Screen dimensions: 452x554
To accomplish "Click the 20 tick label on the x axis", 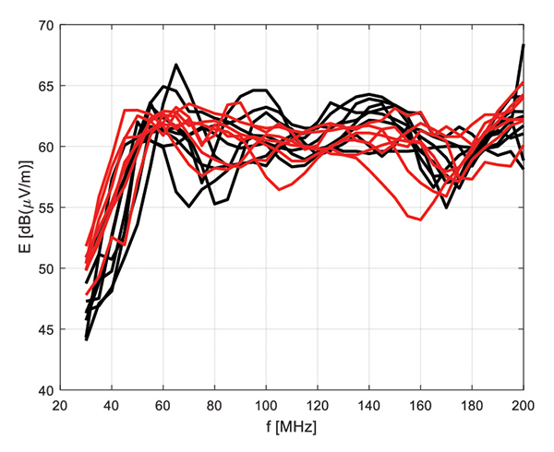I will pyautogui.click(x=60, y=406).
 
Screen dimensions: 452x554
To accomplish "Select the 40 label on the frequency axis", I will pyautogui.click(x=112, y=406).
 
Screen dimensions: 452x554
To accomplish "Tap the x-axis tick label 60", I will pyautogui.click(x=163, y=406).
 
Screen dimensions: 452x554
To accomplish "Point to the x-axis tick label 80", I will pyautogui.click(x=215, y=406).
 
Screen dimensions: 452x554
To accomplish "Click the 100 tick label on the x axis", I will pyautogui.click(x=267, y=406).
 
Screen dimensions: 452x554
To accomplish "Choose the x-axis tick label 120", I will pyautogui.click(x=319, y=406).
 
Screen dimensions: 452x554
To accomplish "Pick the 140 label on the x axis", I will pyautogui.click(x=370, y=406).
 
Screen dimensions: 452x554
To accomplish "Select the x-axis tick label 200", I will pyautogui.click(x=524, y=406).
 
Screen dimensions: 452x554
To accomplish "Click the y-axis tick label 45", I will pyautogui.click(x=45, y=329).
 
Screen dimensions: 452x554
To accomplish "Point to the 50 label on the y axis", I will pyautogui.click(x=45, y=268).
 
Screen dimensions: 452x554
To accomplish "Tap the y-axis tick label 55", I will pyautogui.click(x=45, y=208).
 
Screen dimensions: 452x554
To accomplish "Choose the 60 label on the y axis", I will pyautogui.click(x=45, y=147).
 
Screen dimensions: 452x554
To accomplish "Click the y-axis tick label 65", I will pyautogui.click(x=45, y=86).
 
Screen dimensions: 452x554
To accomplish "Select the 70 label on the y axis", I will pyautogui.click(x=45, y=25).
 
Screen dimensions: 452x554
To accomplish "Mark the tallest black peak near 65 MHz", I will pyautogui.click(x=176, y=65).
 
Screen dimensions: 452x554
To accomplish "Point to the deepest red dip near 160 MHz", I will pyautogui.click(x=421, y=220).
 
